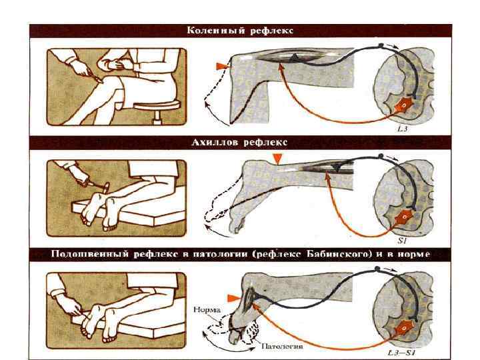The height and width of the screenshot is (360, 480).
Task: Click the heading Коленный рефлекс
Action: click(240, 31)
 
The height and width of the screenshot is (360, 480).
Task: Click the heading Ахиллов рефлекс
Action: click(240, 143)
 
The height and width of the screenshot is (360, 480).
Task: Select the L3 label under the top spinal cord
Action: click(403, 129)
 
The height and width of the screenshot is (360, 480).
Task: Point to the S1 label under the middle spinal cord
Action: click(402, 241)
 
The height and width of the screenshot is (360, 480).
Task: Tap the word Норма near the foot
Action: click(207, 310)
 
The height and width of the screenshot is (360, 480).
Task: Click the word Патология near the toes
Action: click(282, 346)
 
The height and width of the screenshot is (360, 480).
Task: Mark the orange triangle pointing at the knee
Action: click(222, 66)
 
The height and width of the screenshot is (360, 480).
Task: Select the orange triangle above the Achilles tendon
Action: click(277, 159)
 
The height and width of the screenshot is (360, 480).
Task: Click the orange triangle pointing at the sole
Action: click(234, 299)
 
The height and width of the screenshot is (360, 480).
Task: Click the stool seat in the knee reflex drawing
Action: click(157, 106)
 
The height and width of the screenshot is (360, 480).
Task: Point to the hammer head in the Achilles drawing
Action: click(107, 187)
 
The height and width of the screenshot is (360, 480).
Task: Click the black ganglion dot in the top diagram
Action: click(381, 45)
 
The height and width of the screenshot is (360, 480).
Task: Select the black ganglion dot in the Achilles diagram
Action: click(381, 156)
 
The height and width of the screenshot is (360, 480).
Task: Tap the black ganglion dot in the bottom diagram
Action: click(377, 269)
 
